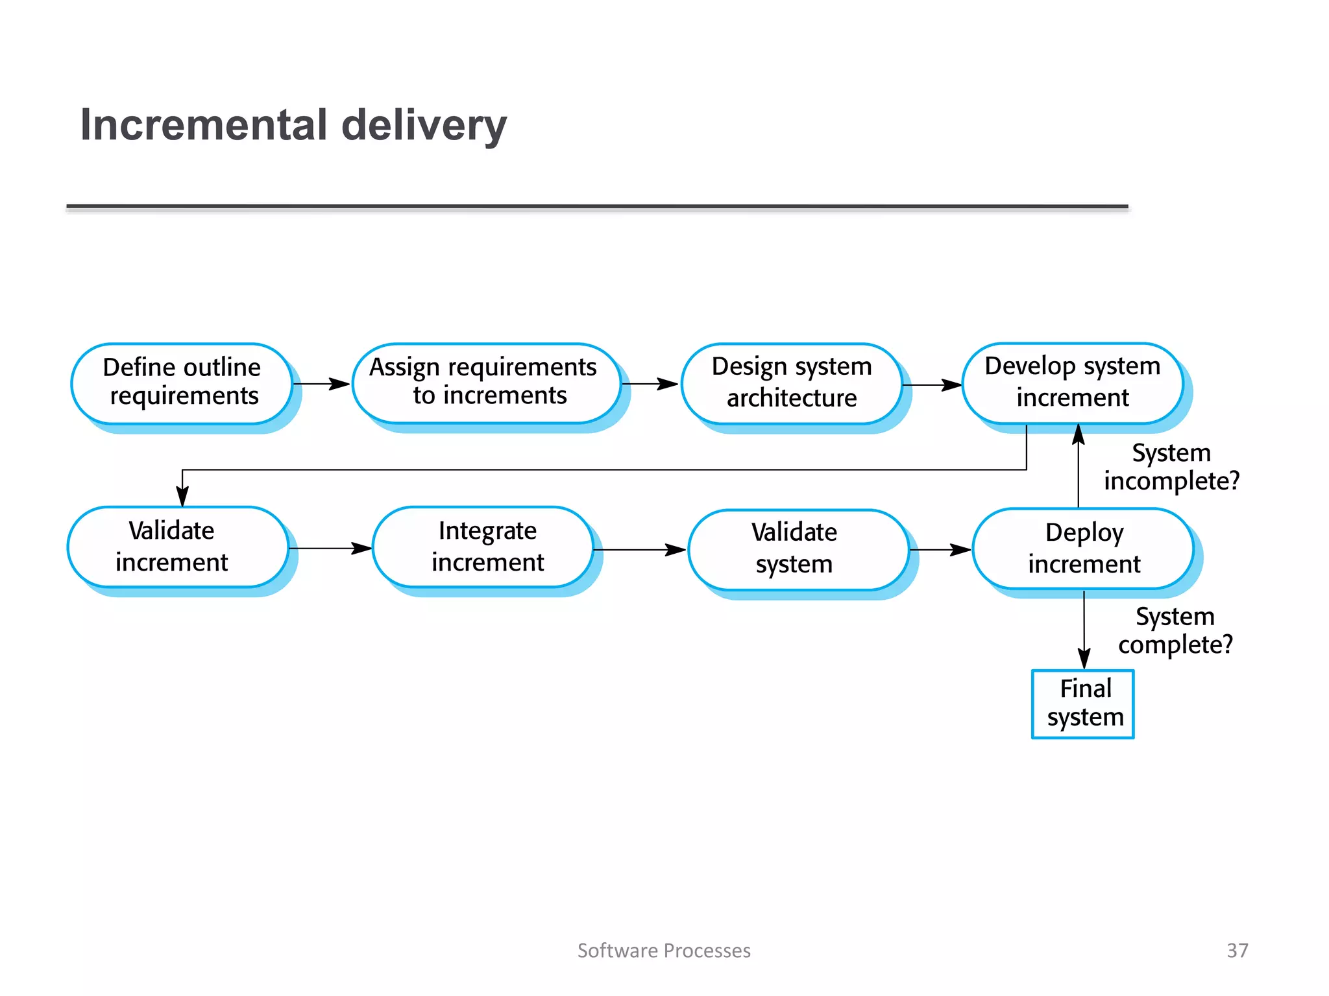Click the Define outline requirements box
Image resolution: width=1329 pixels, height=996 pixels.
[x=182, y=383]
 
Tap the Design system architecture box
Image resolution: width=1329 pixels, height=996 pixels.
[x=792, y=383]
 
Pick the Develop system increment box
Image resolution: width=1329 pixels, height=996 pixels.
[x=1072, y=383]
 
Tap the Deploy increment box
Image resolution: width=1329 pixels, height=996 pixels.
[x=1083, y=549]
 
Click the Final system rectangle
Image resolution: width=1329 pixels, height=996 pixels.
[x=1082, y=704]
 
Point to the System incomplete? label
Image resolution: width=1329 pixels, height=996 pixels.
[x=1171, y=467]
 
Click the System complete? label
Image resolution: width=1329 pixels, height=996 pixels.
[x=1175, y=630]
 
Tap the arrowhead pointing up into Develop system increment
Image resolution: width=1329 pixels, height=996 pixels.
[x=1079, y=434]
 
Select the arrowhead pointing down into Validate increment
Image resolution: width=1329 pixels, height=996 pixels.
[x=183, y=497]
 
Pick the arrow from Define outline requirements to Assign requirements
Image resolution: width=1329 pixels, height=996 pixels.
[x=321, y=384]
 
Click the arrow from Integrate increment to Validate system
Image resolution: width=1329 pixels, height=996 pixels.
[x=639, y=550]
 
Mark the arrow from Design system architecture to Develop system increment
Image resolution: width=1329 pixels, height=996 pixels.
[x=932, y=385]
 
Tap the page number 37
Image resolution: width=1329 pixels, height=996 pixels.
[x=1237, y=951]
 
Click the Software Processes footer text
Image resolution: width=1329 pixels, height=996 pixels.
[x=664, y=951]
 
